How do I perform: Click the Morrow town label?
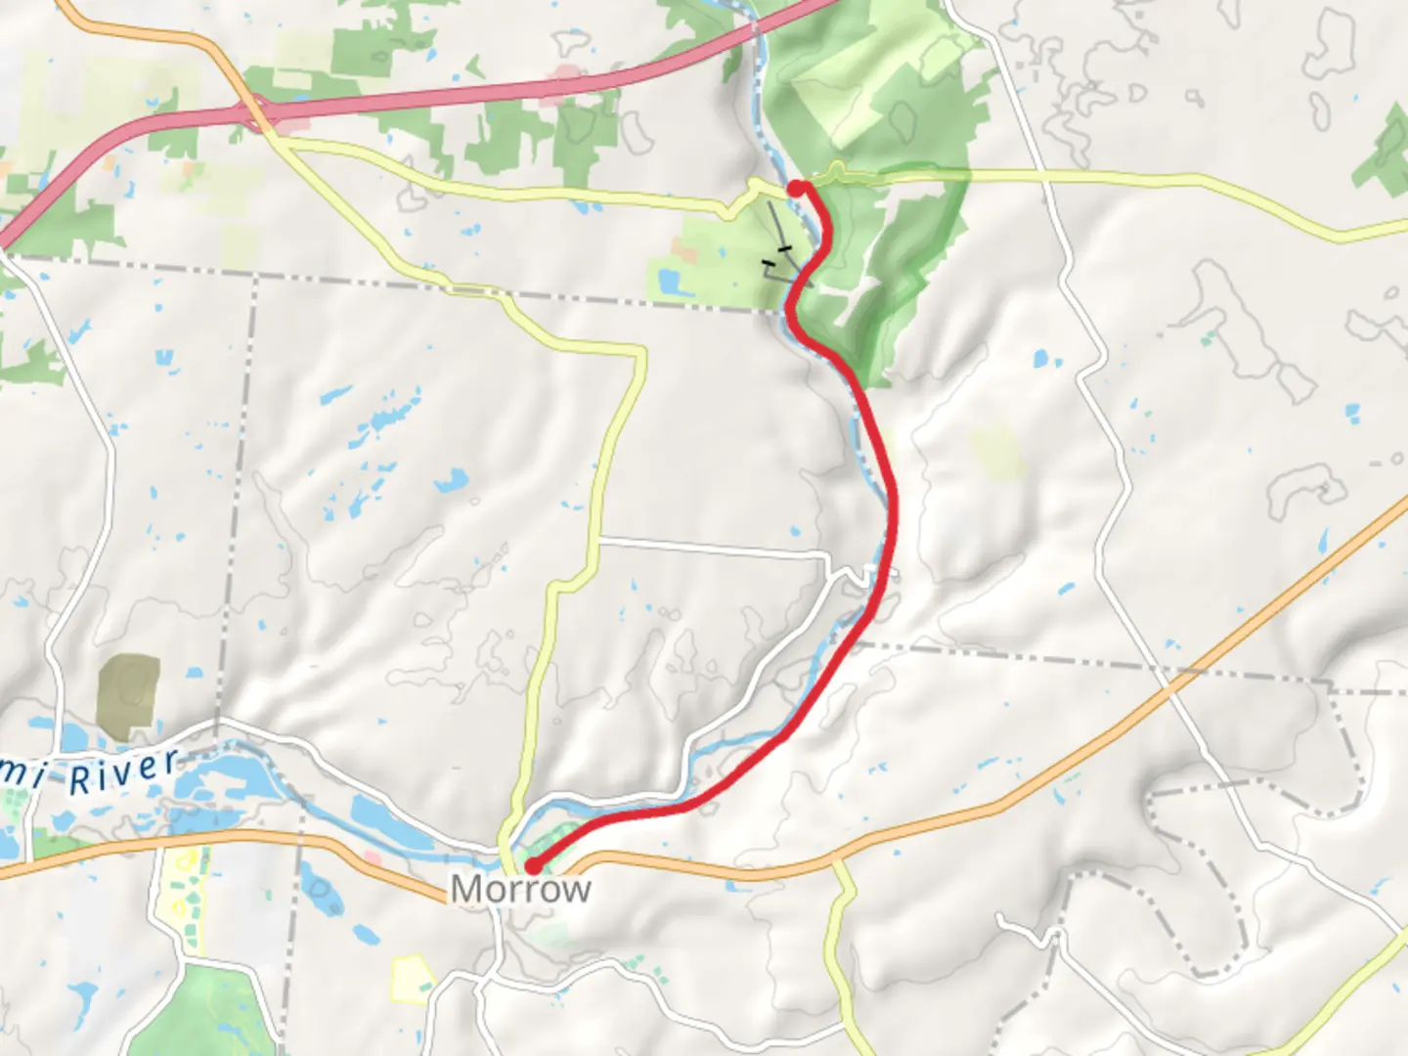tap(520, 889)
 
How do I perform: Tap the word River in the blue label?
tap(124, 773)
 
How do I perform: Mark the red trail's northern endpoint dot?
tap(797, 188)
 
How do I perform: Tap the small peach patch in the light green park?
tap(685, 254)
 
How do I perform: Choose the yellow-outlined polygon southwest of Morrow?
tap(411, 978)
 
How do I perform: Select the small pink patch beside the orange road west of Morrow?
tap(372, 858)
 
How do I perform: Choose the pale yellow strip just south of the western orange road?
tap(180, 895)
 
